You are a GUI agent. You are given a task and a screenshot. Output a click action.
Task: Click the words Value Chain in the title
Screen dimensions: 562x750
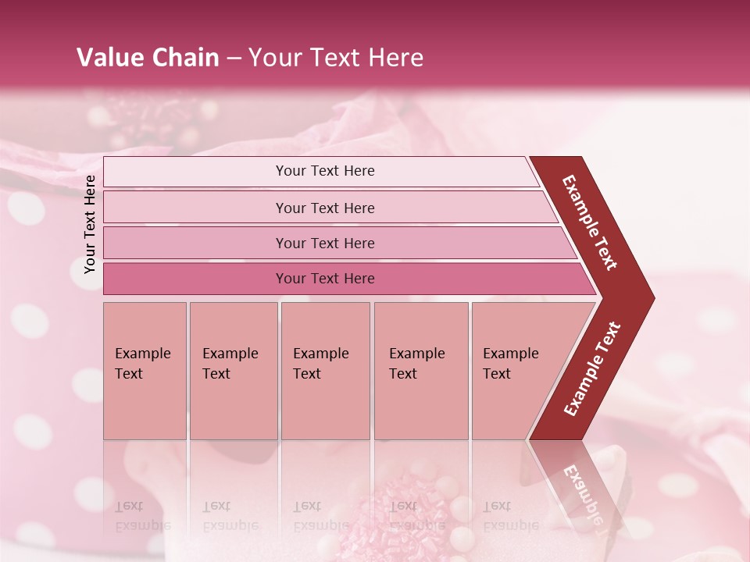click(x=148, y=58)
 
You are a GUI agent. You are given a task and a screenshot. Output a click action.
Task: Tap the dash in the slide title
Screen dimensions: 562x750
click(x=234, y=58)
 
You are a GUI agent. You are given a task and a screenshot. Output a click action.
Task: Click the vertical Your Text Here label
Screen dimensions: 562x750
click(x=90, y=224)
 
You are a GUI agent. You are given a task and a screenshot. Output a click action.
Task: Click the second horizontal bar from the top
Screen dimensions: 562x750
click(x=325, y=208)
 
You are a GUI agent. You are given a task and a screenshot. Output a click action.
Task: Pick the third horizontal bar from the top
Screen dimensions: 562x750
click(x=325, y=243)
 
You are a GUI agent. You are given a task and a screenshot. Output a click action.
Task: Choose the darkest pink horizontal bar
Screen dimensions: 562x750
click(x=325, y=279)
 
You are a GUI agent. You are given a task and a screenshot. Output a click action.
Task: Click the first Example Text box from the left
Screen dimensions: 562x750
click(x=145, y=370)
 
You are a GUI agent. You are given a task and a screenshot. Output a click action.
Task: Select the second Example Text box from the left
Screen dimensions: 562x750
click(x=233, y=370)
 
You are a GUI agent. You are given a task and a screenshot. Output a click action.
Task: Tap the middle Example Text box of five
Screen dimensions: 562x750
click(x=325, y=370)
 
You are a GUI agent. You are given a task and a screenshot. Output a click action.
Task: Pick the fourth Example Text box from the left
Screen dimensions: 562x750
click(x=420, y=370)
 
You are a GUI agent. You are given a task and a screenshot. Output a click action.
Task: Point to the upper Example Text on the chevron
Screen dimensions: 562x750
click(x=590, y=222)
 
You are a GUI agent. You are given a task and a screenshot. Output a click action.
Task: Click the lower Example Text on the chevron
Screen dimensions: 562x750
click(x=592, y=369)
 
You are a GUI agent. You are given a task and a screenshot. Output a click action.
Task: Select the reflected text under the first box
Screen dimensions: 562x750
click(x=142, y=515)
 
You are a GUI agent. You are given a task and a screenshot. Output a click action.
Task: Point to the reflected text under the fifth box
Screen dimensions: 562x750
click(x=510, y=515)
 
